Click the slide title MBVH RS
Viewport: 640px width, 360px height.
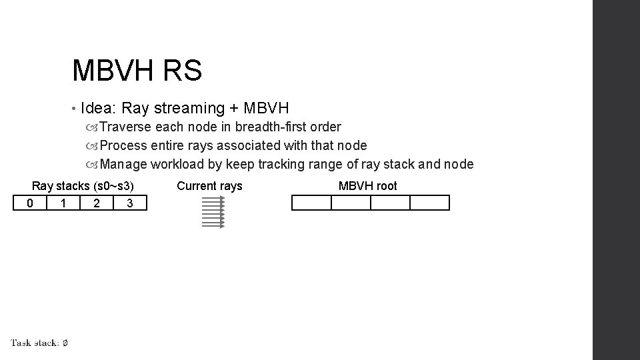[x=137, y=71]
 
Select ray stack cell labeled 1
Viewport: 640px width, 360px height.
[x=63, y=203]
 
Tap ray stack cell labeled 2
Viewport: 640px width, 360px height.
[x=97, y=203]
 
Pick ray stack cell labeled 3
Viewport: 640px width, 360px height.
[x=130, y=203]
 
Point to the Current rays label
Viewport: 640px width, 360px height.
[x=209, y=186]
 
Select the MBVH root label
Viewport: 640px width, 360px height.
[x=367, y=186]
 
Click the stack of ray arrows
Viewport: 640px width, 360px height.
[x=213, y=212]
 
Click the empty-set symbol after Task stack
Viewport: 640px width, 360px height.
[x=65, y=343]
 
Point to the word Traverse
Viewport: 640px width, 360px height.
[x=125, y=127]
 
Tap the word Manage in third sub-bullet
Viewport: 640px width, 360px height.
[x=123, y=164]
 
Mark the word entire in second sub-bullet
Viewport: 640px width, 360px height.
[x=168, y=145]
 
